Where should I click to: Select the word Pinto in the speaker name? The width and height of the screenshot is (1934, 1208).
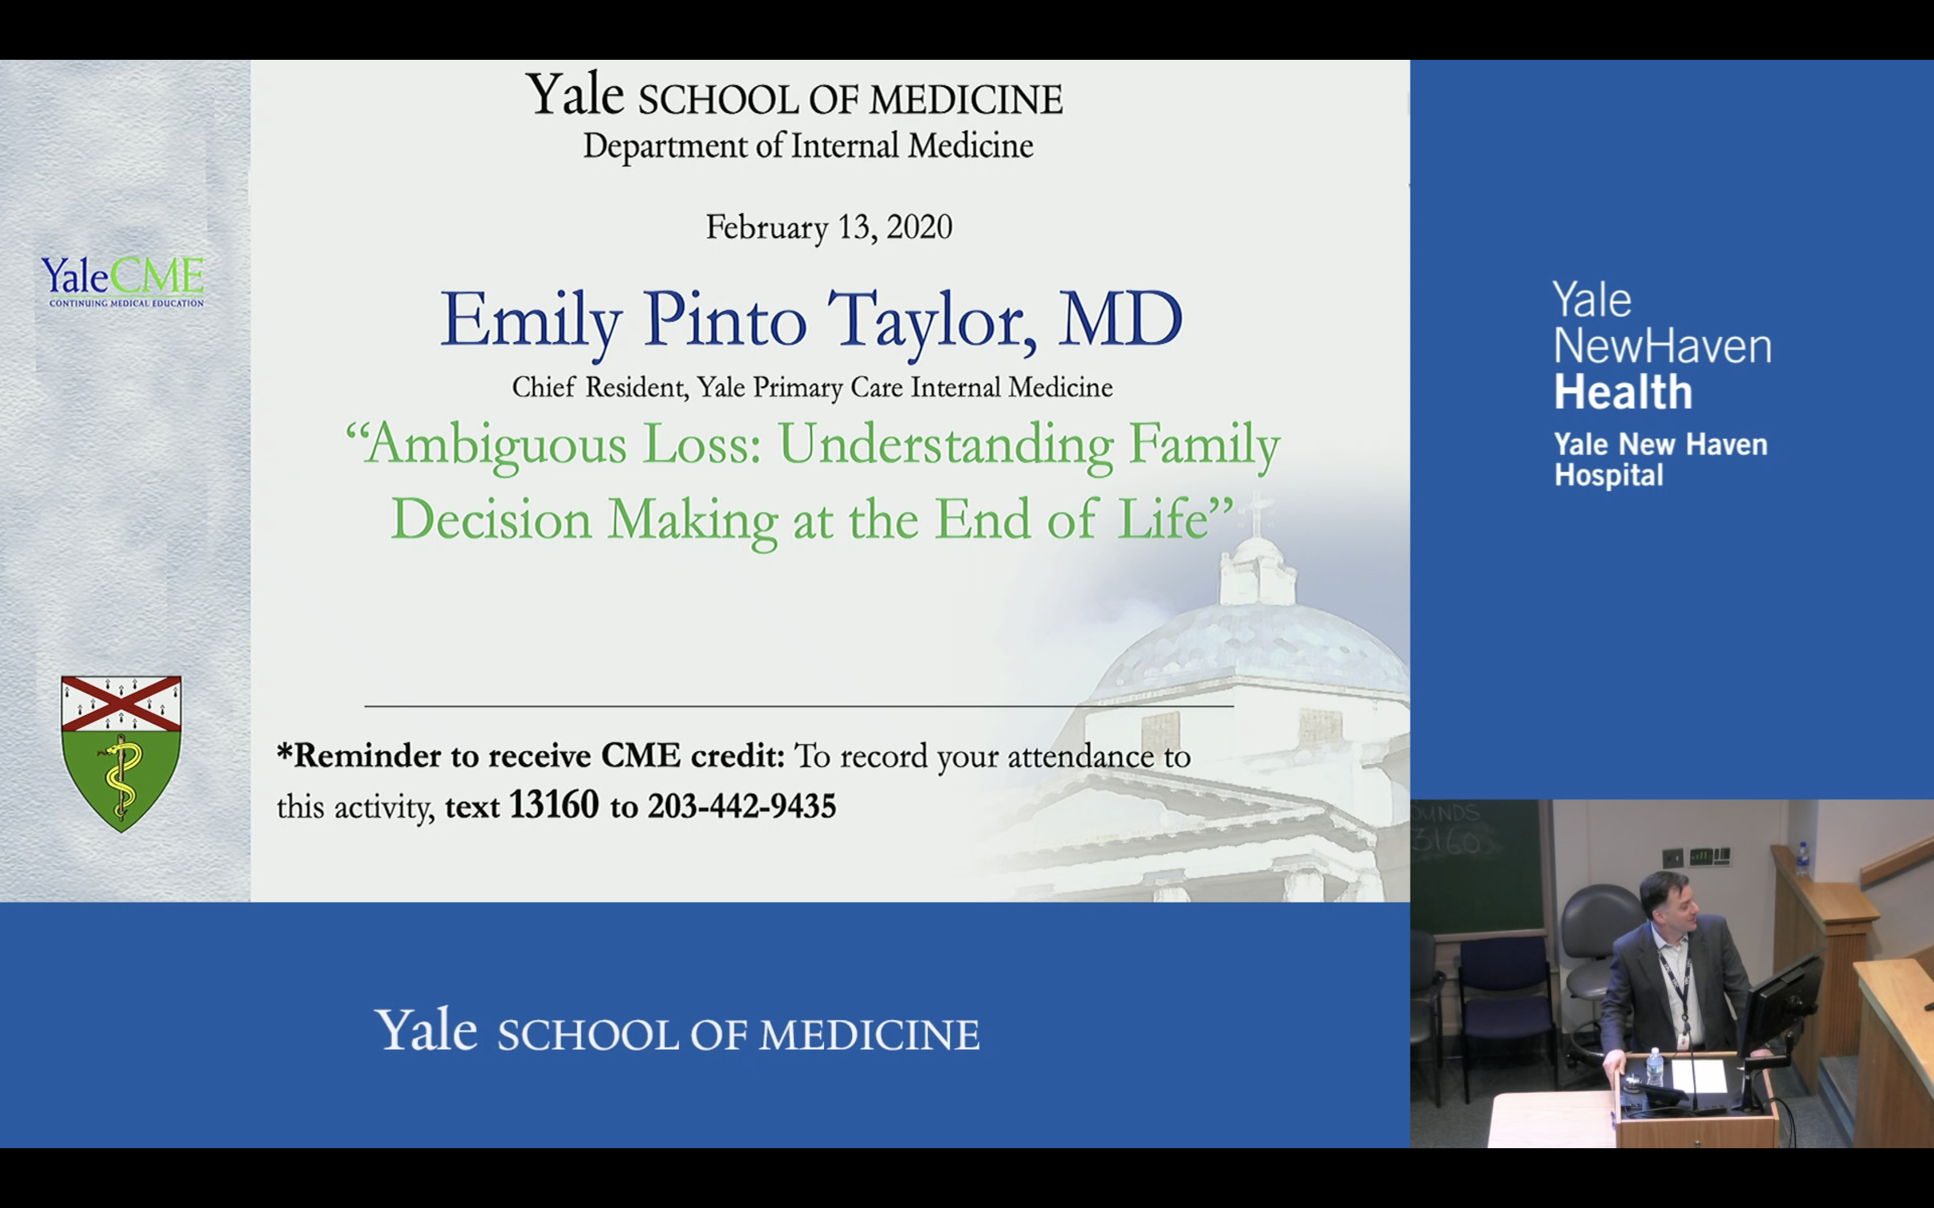725,320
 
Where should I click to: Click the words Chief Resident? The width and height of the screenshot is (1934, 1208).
599,388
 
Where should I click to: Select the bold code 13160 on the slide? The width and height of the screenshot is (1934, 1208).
554,805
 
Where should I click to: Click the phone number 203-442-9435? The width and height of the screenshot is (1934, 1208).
741,806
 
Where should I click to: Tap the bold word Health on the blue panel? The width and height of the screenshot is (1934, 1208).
1623,392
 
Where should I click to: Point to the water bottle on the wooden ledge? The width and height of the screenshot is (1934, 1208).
1802,859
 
